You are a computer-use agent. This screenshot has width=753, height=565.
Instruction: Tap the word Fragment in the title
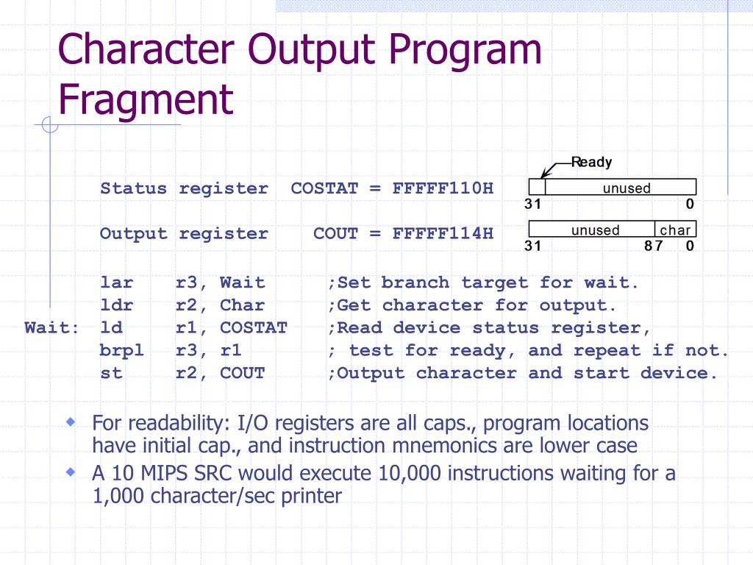point(146,99)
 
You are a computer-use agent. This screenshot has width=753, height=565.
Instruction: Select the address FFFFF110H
point(443,188)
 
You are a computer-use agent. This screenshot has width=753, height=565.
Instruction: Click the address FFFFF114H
point(443,234)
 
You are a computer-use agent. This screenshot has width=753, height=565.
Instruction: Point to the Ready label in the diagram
point(591,163)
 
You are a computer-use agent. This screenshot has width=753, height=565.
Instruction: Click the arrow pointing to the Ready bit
point(548,170)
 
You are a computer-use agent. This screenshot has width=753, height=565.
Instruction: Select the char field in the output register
point(675,230)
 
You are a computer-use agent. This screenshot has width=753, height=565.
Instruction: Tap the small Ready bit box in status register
point(537,188)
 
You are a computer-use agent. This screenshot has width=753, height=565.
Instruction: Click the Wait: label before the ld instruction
point(51,328)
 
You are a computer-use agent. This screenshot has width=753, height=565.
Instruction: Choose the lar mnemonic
point(116,283)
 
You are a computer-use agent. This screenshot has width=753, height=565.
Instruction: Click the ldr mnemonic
point(116,305)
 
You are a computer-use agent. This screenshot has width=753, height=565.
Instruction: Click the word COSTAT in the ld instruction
point(254,328)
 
